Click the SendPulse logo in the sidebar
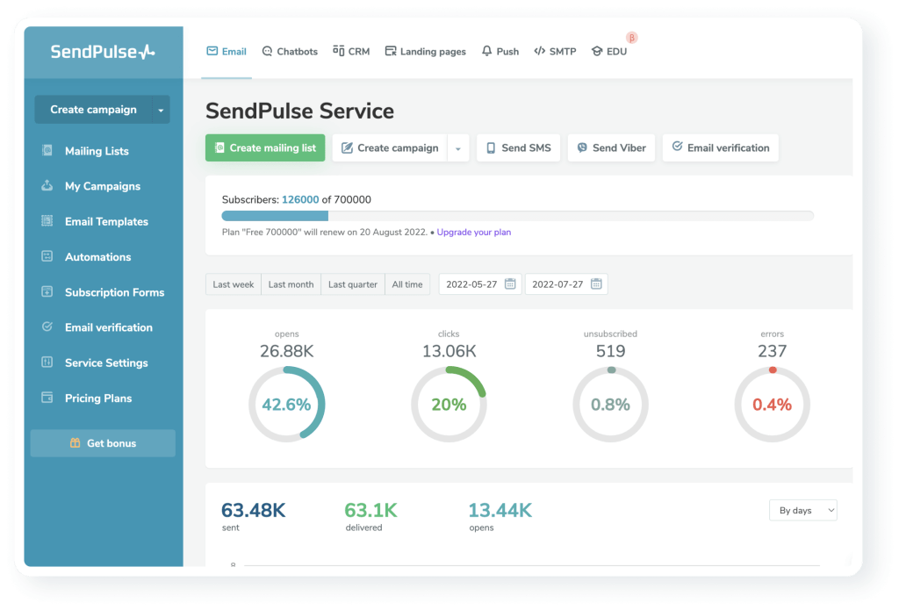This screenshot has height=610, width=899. [x=103, y=52]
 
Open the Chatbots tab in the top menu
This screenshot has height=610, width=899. [x=290, y=52]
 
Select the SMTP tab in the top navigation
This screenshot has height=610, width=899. [x=555, y=52]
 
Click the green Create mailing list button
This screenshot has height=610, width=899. [x=265, y=148]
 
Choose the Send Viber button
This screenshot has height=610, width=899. [x=611, y=148]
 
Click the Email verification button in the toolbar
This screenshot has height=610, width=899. [x=720, y=148]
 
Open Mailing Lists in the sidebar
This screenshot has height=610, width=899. [x=97, y=151]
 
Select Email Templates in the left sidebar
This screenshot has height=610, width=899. [x=106, y=222]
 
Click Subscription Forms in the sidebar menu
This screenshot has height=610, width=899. [x=114, y=292]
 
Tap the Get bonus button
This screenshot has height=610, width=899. [x=103, y=443]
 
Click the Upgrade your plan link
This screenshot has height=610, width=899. [x=473, y=233]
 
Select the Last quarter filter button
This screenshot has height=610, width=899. [x=353, y=284]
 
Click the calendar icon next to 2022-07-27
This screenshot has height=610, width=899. [x=596, y=284]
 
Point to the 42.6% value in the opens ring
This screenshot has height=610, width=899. [x=286, y=405]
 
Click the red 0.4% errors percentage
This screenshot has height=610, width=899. [x=772, y=405]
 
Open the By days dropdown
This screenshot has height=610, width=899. [x=802, y=510]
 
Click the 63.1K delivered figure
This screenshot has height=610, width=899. [x=370, y=510]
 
